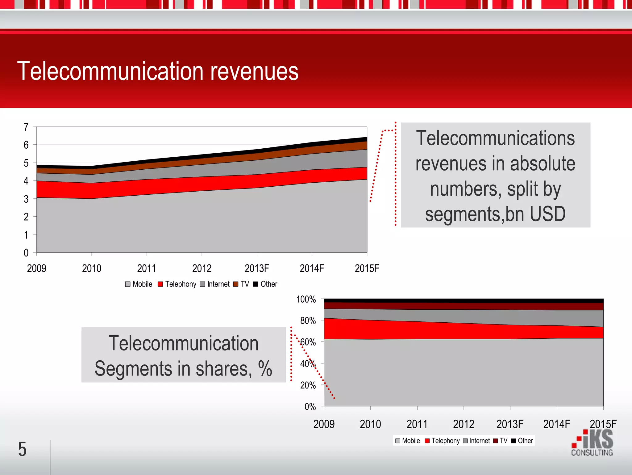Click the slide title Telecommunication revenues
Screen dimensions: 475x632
pos(158,71)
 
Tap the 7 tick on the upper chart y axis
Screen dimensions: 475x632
pos(26,127)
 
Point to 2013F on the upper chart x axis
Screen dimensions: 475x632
pos(257,268)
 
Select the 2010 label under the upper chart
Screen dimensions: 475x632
pos(92,268)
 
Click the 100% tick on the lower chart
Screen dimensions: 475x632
pos(306,299)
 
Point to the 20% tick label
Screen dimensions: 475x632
pos(308,385)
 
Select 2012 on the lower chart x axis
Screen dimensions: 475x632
pos(464,424)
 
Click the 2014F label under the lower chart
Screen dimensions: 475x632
pos(556,424)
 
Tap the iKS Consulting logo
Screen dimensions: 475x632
pos(592,443)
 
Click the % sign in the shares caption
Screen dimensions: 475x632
pos(265,369)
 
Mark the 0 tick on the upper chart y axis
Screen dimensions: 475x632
pos(26,253)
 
